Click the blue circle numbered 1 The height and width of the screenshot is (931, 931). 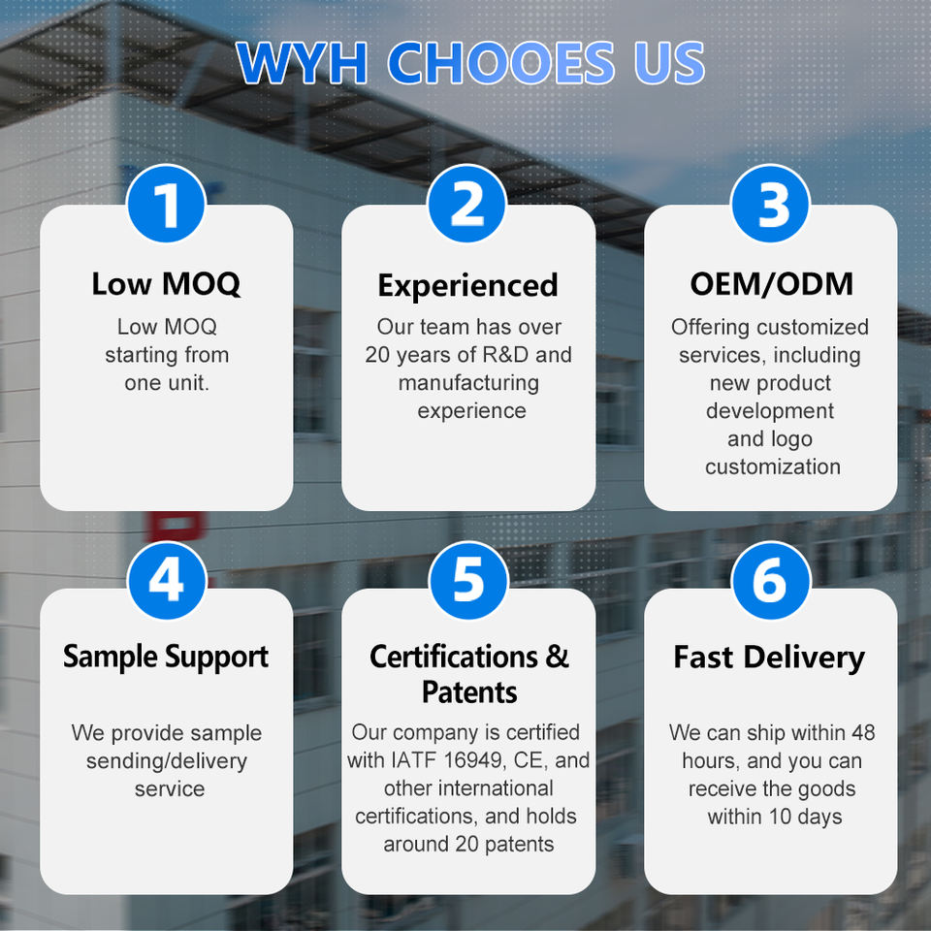[166, 204]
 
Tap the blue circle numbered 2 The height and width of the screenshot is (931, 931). [466, 204]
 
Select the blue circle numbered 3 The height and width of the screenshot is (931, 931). [770, 204]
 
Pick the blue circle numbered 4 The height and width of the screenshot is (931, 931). [166, 580]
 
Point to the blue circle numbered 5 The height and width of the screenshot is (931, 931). [468, 580]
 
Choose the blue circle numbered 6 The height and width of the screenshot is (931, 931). [771, 580]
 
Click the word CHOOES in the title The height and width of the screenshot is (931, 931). [501, 62]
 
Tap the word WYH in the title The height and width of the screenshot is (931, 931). [303, 62]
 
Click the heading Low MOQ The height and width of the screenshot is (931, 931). [166, 284]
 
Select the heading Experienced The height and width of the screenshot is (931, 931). [467, 285]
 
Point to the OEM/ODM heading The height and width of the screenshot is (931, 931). [771, 284]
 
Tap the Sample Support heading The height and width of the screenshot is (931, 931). [166, 658]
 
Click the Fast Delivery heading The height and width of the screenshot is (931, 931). [769, 658]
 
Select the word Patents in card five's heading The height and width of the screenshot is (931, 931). [469, 692]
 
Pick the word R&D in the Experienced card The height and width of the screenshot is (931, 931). [505, 355]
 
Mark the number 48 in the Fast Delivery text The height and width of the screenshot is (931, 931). [863, 733]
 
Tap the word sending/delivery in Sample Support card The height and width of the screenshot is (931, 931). [166, 761]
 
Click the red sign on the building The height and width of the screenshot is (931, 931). [176, 526]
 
